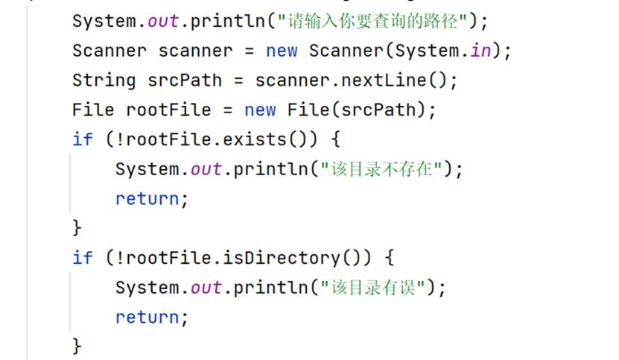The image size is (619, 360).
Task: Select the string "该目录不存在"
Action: click(384, 169)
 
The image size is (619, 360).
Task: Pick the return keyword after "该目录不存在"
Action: click(147, 199)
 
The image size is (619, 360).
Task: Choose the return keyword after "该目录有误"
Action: click(147, 318)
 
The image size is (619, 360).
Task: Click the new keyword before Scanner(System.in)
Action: click(282, 51)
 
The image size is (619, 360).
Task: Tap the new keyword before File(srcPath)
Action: click(260, 110)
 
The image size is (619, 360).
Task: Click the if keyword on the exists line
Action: click(83, 139)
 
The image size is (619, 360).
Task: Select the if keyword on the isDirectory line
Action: click(83, 258)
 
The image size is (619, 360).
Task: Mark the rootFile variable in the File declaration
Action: click(168, 110)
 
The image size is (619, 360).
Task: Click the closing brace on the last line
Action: click(77, 345)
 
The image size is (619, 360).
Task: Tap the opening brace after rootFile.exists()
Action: click(334, 139)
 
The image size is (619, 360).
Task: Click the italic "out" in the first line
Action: click(164, 21)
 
